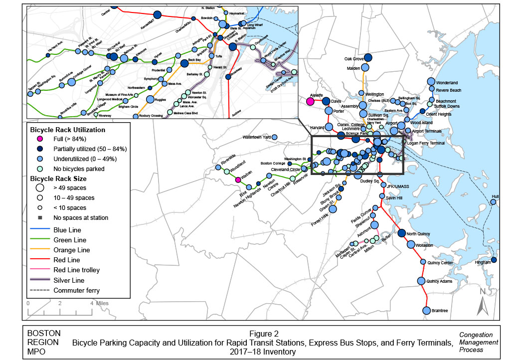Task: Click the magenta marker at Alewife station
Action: tap(310, 101)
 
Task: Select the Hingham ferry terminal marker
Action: tap(494, 260)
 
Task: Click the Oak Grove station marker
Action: tap(367, 57)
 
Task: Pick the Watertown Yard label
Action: tap(256, 137)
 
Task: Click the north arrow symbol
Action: tap(483, 302)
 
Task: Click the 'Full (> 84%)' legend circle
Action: tap(40, 139)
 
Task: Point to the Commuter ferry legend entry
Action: tap(76, 290)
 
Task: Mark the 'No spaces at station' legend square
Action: tap(40, 217)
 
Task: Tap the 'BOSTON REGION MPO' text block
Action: tap(44, 342)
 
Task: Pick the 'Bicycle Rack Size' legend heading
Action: tap(58, 178)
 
